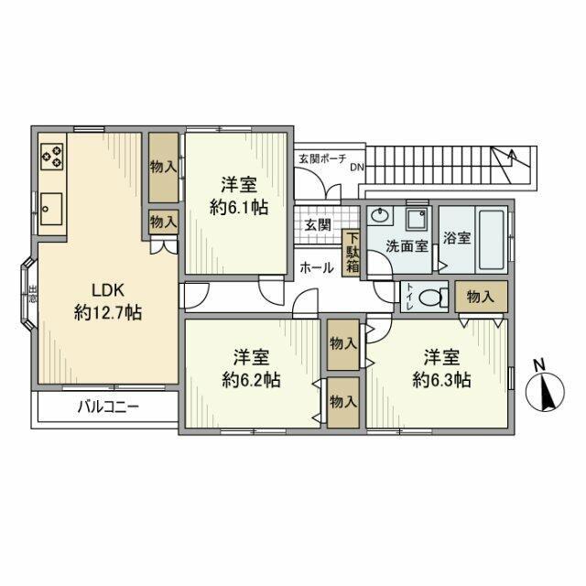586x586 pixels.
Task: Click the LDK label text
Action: (x=108, y=290)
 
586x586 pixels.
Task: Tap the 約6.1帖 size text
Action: (x=239, y=208)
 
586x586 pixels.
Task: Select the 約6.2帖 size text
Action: (x=251, y=381)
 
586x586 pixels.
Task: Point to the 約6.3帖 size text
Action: (x=441, y=381)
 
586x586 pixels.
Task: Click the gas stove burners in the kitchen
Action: (x=51, y=157)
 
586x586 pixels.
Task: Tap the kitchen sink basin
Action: (x=51, y=209)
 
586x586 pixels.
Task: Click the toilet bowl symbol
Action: (x=433, y=298)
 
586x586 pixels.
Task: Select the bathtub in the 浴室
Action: (x=492, y=240)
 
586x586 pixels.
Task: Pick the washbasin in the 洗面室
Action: (x=380, y=216)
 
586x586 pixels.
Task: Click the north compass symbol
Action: (x=546, y=392)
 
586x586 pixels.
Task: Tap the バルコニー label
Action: (x=108, y=407)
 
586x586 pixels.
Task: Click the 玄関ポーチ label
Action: (x=322, y=158)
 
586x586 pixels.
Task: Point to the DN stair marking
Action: (x=357, y=168)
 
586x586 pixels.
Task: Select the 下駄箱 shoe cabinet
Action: (x=351, y=253)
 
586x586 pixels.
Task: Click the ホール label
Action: (x=317, y=267)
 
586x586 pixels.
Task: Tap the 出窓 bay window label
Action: (x=33, y=294)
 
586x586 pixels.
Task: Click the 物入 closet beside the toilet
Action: (x=481, y=297)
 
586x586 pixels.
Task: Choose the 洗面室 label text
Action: (x=407, y=246)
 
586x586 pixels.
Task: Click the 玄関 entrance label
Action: (x=318, y=225)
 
